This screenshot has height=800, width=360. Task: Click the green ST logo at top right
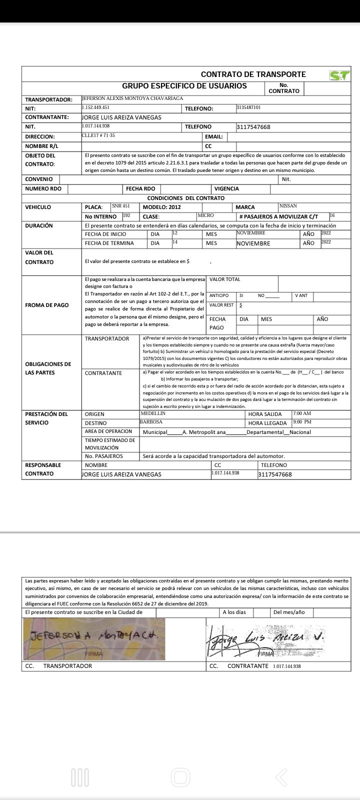339,75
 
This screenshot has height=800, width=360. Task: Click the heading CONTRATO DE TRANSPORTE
253,74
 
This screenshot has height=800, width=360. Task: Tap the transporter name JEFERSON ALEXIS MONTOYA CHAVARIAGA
132,98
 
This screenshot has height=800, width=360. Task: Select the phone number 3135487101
248,107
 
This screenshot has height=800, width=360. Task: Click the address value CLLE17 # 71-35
98,135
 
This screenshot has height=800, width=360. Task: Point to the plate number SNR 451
121,206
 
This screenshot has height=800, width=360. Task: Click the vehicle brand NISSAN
288,206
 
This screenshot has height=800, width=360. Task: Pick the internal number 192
126,215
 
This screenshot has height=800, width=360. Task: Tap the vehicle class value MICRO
205,215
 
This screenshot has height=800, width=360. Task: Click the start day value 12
175,233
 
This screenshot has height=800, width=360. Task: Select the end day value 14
175,242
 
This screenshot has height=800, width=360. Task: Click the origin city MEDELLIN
153,413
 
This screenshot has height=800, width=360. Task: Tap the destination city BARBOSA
151,422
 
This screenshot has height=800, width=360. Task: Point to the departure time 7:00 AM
302,413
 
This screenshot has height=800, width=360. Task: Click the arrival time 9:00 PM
302,422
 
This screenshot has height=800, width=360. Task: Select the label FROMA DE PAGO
47,305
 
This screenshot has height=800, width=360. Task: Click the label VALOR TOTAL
224,279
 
